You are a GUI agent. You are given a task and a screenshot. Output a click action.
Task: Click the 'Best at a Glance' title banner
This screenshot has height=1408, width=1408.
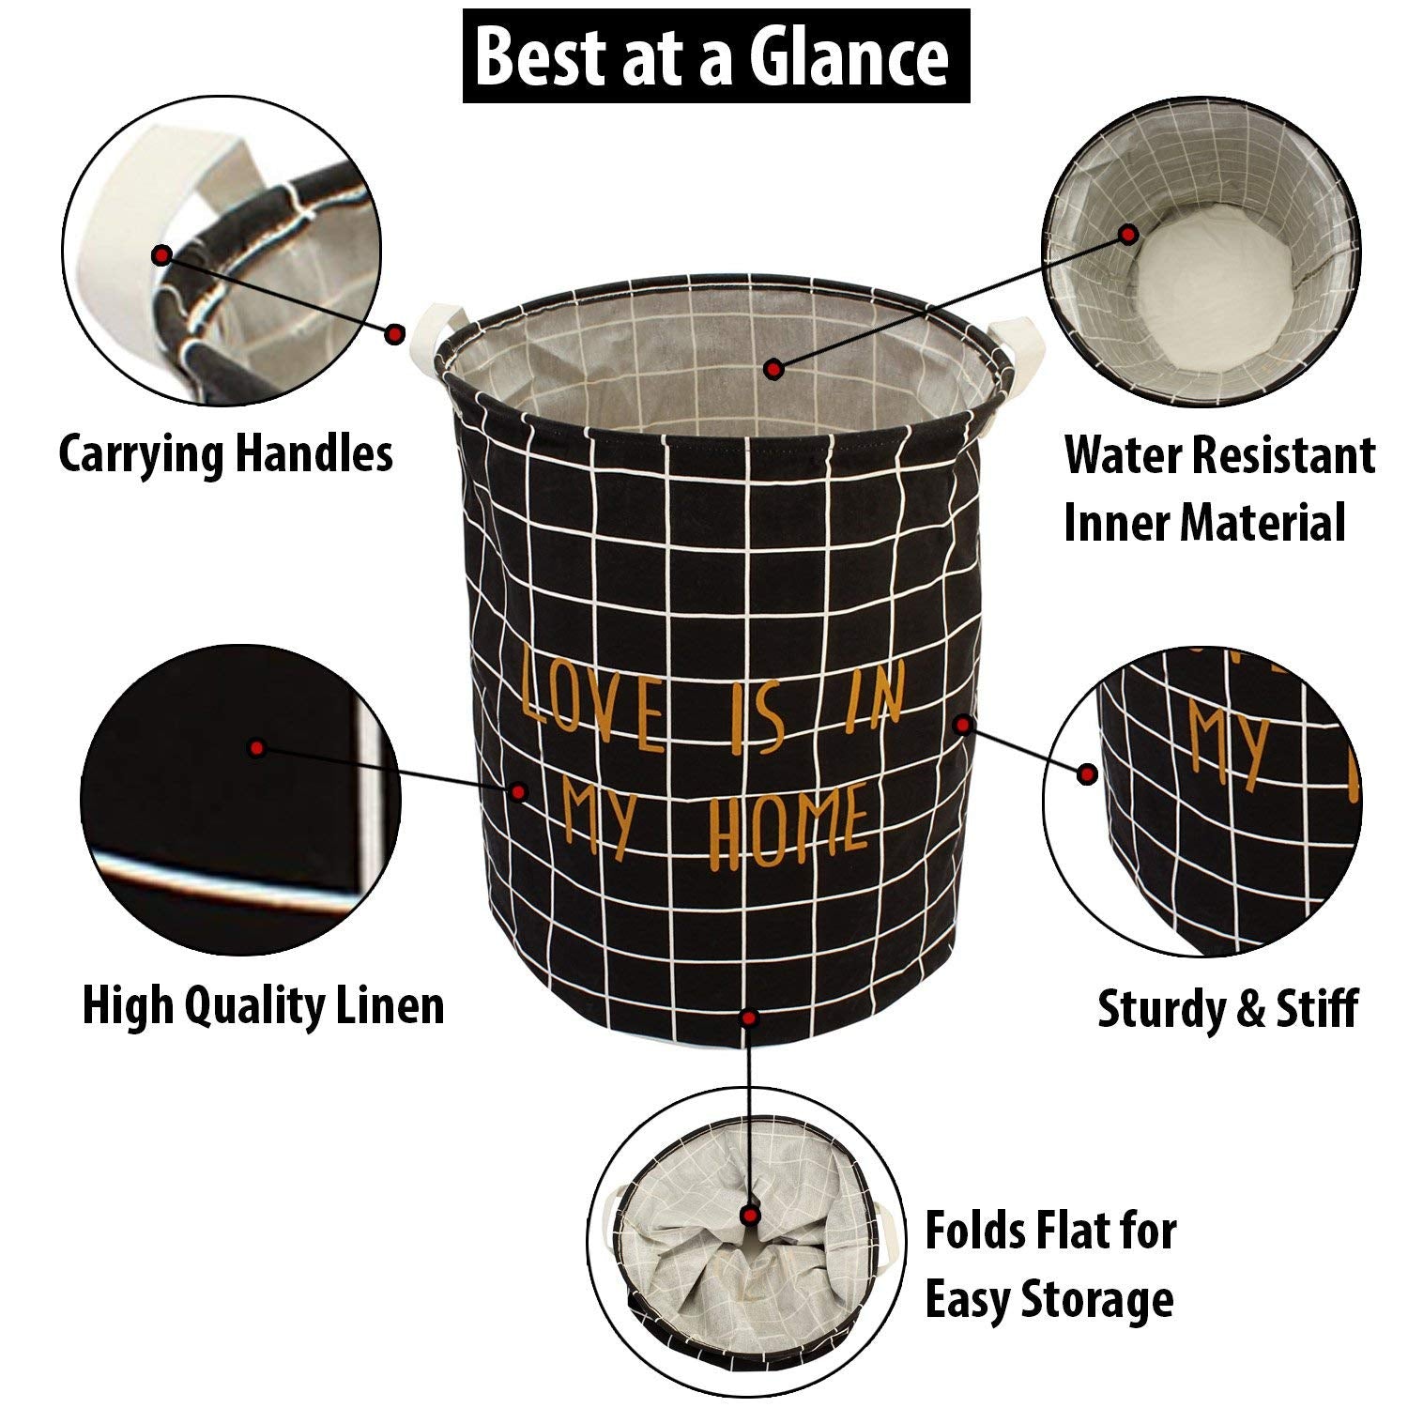tap(715, 56)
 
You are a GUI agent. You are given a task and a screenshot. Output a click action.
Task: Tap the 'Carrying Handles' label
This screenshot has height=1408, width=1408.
tap(225, 454)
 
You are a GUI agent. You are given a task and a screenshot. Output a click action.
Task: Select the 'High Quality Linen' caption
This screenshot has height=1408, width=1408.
tap(263, 1005)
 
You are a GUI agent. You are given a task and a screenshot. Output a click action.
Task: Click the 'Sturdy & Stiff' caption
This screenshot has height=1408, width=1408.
tap(1228, 1009)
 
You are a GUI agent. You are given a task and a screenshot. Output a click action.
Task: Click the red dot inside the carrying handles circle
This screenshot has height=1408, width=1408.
tap(162, 254)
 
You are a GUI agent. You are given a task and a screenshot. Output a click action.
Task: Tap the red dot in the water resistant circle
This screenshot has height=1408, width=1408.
tap(1129, 234)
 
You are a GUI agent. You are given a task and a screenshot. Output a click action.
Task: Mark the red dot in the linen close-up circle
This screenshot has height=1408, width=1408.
tap(255, 748)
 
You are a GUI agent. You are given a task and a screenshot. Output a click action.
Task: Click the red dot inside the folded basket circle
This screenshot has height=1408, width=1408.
tap(750, 1216)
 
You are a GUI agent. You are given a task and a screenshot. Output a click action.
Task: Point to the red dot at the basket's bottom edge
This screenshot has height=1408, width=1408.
tap(748, 1018)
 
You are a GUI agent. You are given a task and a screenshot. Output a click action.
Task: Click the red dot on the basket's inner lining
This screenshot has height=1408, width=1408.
tap(773, 370)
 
